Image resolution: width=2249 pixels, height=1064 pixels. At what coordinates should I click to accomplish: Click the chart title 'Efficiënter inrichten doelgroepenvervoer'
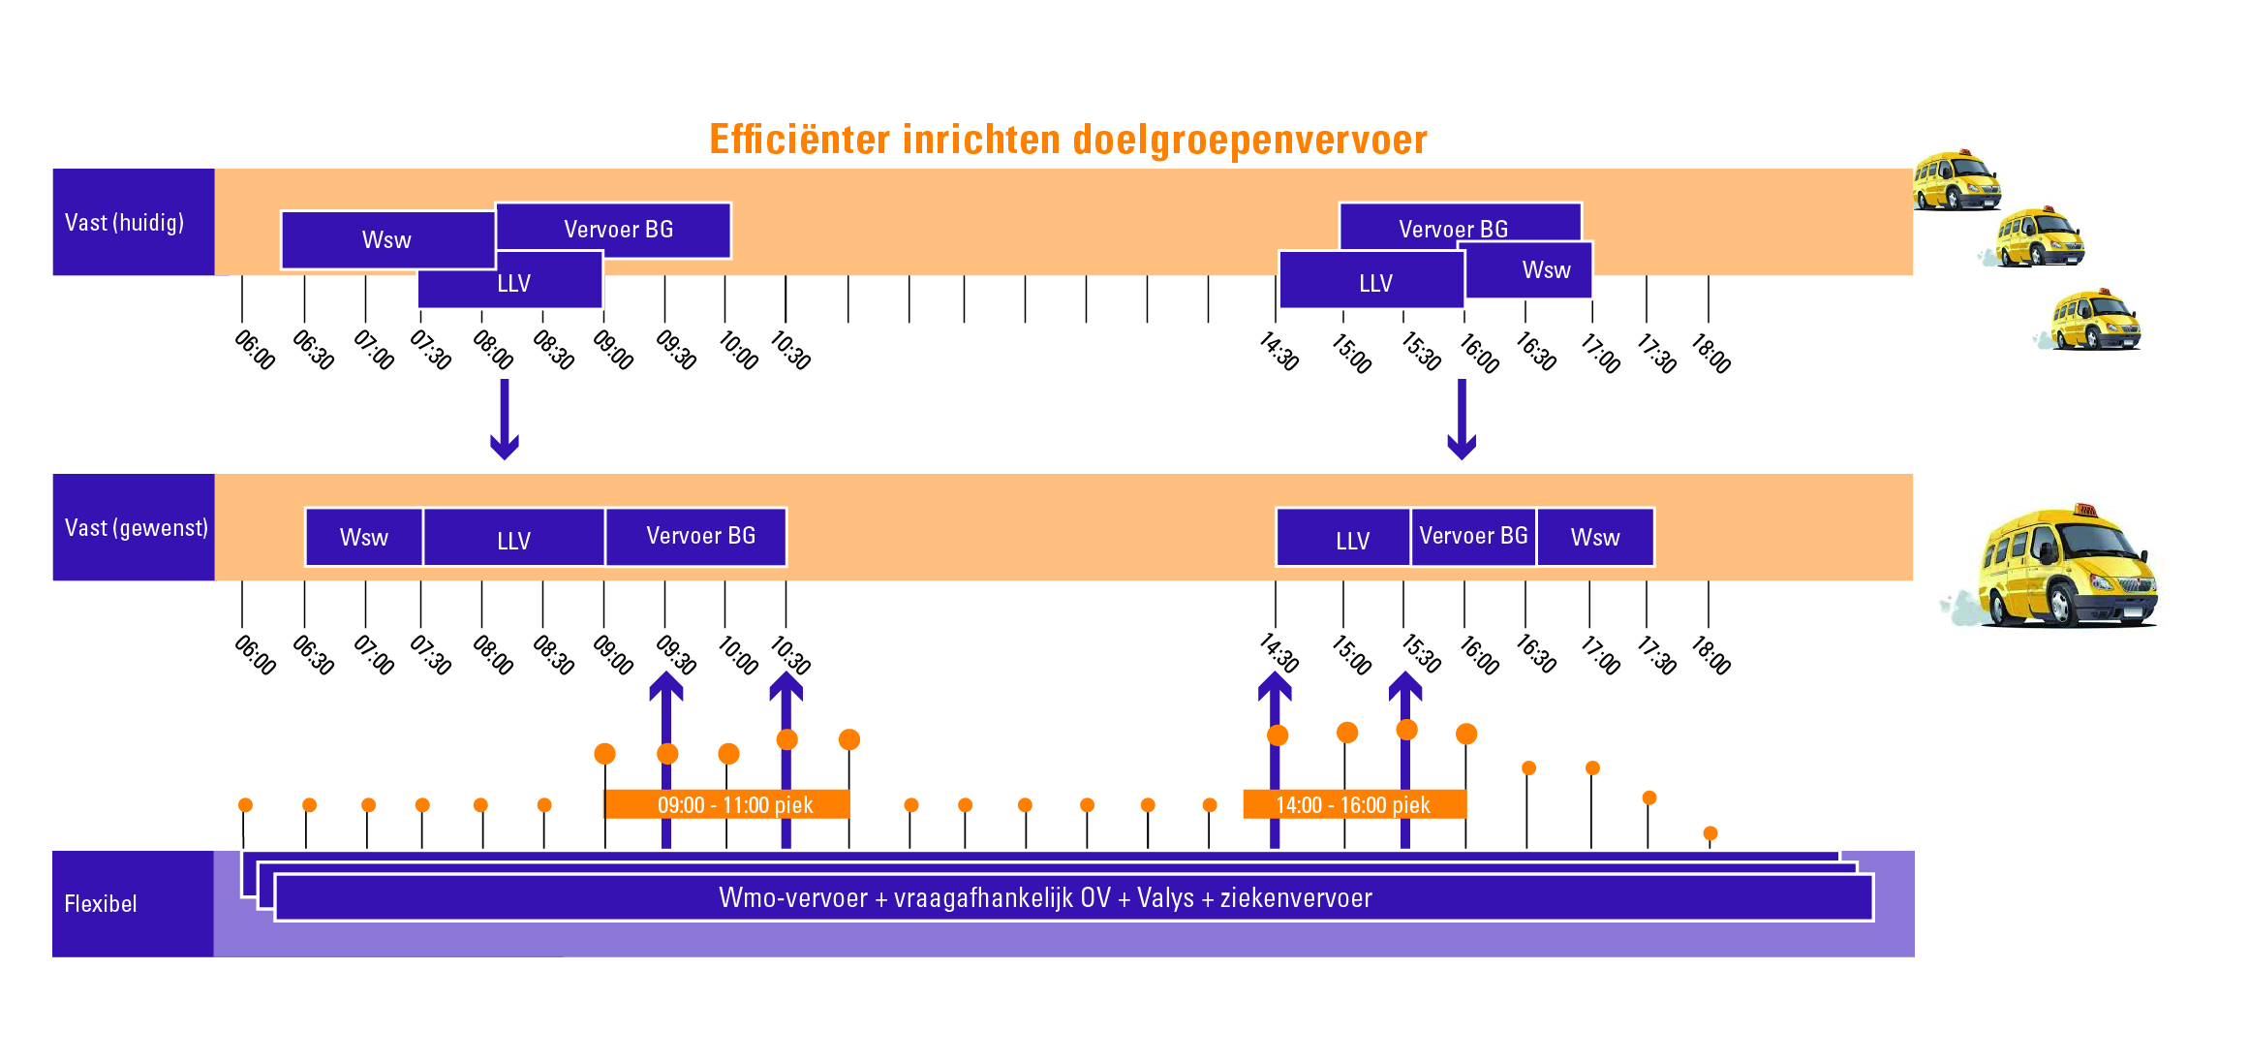[x=1068, y=140]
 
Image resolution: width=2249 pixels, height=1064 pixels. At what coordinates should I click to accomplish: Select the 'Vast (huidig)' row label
[x=125, y=223]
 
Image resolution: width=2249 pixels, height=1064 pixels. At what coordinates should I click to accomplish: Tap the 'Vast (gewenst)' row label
[x=136, y=528]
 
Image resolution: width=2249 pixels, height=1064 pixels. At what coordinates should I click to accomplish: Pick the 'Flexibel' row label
[x=101, y=904]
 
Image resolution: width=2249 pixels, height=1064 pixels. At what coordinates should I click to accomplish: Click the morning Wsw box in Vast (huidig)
[x=386, y=240]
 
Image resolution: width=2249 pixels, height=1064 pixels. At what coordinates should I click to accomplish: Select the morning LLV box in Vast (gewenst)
[x=513, y=539]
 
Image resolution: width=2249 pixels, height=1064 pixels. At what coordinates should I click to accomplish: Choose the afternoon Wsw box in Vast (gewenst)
[x=1594, y=538]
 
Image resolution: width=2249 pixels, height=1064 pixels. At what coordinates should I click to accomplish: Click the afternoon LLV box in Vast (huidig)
[x=1374, y=283]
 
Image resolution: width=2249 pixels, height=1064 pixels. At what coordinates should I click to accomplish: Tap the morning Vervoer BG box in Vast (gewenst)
[x=699, y=537]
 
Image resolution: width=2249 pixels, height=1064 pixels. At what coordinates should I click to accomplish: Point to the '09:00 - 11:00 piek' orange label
[x=734, y=805]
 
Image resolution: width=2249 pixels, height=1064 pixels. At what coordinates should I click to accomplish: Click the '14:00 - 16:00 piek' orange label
[x=1353, y=805]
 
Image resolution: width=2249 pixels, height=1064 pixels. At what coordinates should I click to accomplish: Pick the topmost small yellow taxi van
[x=1956, y=181]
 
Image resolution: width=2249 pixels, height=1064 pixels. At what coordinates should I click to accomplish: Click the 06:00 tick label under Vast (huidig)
[x=255, y=350]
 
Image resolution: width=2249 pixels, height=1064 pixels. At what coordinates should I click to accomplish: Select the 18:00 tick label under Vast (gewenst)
[x=1710, y=655]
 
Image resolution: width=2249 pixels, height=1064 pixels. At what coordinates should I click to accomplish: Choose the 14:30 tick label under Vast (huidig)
[x=1279, y=351]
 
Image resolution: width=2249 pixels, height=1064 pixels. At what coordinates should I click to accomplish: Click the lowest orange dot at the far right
[x=1710, y=833]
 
